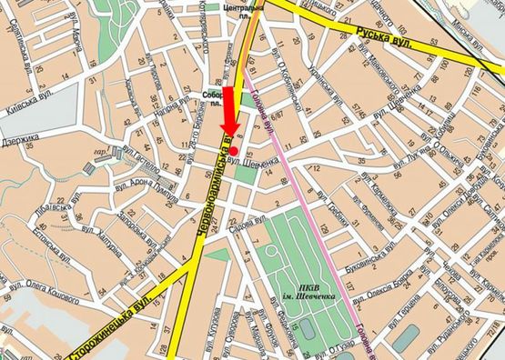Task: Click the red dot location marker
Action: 234,150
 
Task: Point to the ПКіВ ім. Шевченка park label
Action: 301,292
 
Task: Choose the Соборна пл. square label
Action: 216,97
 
